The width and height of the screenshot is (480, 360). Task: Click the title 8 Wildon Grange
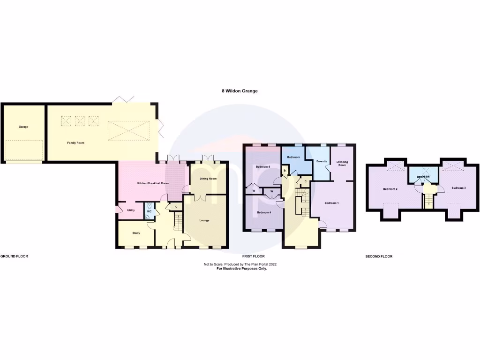tap(240, 91)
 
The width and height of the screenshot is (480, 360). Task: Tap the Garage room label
tap(23, 127)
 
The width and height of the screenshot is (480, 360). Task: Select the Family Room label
tap(75, 142)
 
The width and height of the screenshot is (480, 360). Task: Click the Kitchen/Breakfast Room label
tap(152, 183)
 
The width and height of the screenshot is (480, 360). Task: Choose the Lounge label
tap(204, 220)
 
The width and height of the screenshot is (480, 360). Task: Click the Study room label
tap(136, 233)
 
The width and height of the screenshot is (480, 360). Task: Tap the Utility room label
tap(131, 210)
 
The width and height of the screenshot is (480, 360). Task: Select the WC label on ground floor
tap(149, 212)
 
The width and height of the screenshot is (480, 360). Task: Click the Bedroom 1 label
tap(331, 203)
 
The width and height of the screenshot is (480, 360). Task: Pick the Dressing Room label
tap(342, 164)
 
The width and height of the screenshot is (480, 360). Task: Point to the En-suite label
tap(322, 161)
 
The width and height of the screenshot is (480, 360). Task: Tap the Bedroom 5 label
tap(263, 166)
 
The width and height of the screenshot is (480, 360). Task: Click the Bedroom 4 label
tap(263, 213)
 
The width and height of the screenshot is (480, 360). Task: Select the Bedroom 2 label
tap(390, 189)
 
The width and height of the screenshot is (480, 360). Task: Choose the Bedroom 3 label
tap(458, 188)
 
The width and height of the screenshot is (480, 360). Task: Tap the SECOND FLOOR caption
tap(379, 256)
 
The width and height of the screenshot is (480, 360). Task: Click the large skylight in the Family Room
tap(128, 129)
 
